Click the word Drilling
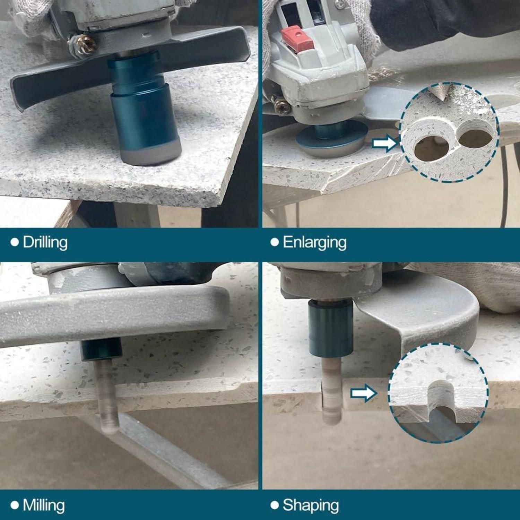45,242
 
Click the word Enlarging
314,242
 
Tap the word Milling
44,505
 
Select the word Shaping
311,505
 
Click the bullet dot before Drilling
15,242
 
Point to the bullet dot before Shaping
275,505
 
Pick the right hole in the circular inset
476,139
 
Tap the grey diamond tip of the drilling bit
151,155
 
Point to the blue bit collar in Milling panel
101,349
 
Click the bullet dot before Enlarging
275,242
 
